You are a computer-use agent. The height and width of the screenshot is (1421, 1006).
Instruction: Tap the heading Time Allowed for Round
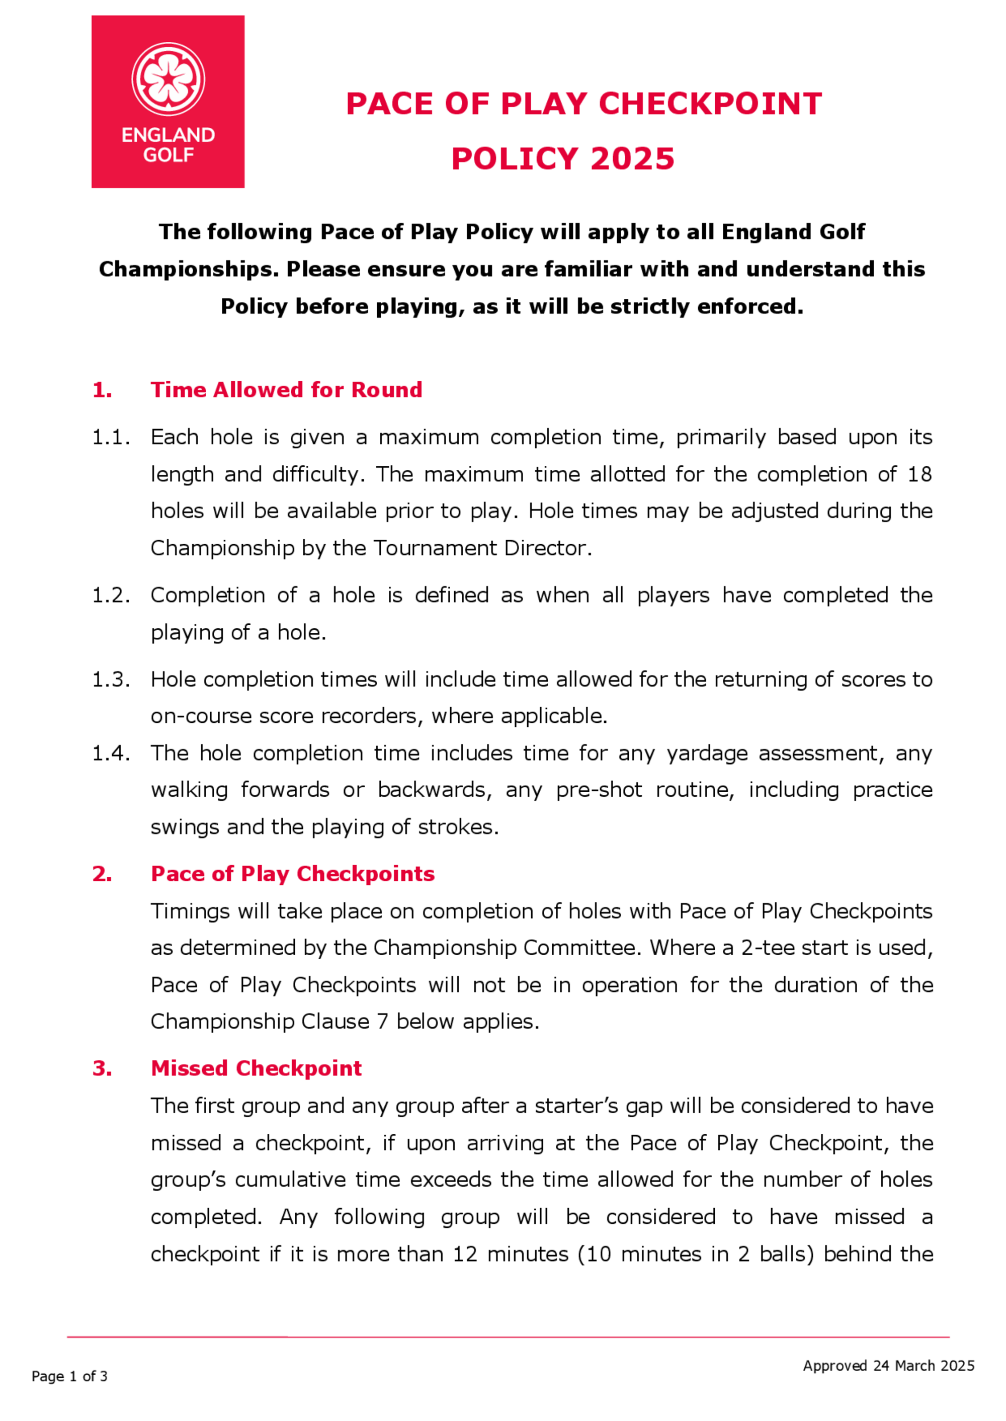[x=286, y=390]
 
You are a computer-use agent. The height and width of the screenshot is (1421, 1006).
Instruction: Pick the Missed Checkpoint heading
[x=256, y=1068]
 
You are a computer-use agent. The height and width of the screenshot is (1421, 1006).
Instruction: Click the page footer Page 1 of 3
[x=69, y=1376]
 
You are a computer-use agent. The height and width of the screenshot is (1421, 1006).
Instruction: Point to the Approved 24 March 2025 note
[x=888, y=1366]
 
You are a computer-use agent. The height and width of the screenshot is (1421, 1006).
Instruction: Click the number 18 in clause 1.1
[x=919, y=474]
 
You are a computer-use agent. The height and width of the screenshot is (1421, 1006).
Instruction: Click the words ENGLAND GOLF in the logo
[x=168, y=144]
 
